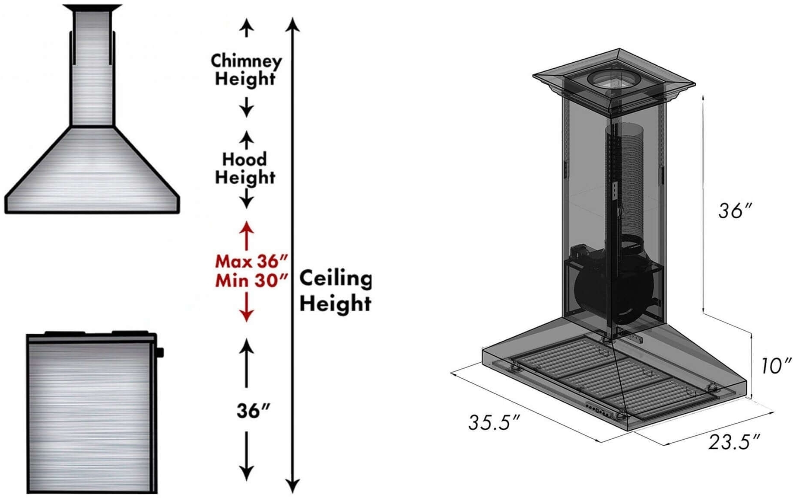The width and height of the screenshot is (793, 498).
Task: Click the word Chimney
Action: [246, 61]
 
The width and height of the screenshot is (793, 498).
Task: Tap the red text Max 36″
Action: [251, 262]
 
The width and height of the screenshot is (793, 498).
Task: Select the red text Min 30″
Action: [251, 281]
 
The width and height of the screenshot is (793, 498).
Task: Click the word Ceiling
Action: [335, 278]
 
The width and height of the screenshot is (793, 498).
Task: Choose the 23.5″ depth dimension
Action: [734, 442]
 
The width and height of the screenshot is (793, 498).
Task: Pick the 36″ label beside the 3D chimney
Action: [735, 211]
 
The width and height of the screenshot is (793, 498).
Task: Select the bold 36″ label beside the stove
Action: [253, 411]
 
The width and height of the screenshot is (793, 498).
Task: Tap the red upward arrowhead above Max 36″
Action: [247, 227]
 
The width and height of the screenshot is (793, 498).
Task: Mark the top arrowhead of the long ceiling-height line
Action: [293, 24]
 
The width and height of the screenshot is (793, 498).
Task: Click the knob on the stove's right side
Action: [160, 352]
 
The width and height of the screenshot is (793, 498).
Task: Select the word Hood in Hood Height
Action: [244, 160]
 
